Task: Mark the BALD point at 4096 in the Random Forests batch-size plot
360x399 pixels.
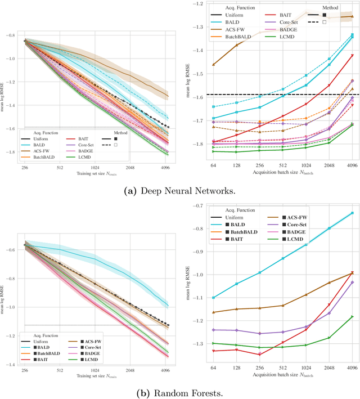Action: pos(352,213)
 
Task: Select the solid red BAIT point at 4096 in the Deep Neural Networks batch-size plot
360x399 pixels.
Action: pos(352,55)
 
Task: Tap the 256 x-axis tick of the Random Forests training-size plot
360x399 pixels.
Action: pos(25,371)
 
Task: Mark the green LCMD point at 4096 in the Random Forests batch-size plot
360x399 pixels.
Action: pos(352,316)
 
